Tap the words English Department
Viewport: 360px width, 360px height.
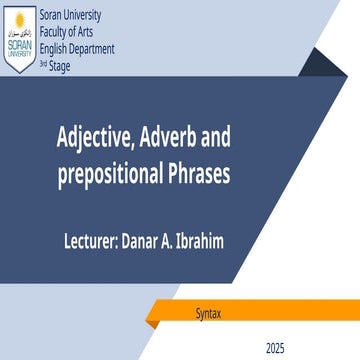[x=76, y=49]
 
